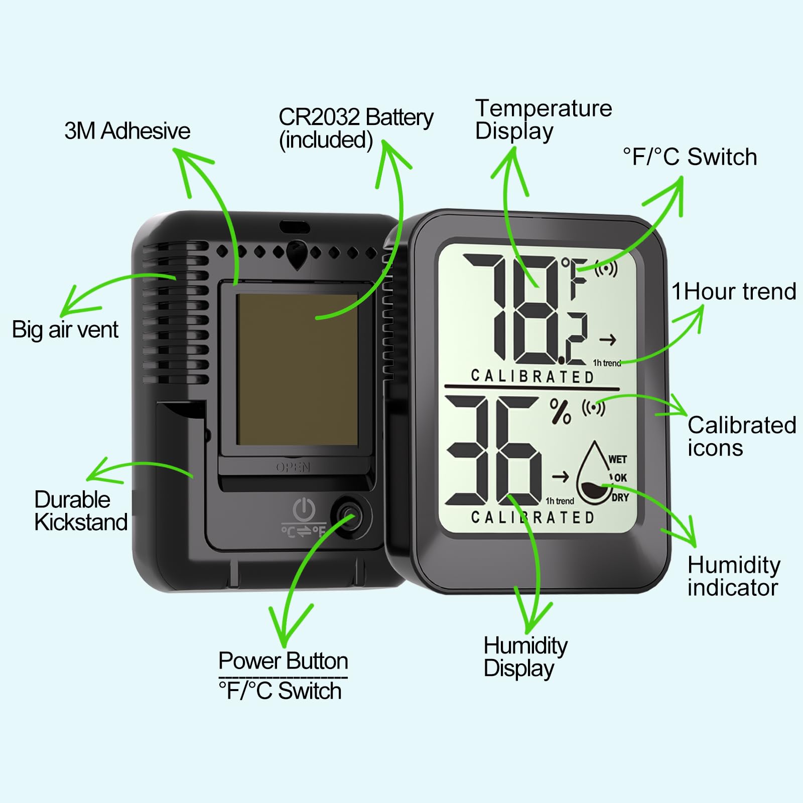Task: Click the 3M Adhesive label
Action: [127, 131]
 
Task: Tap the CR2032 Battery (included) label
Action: [355, 128]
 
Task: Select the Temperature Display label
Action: [543, 119]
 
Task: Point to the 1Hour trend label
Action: [734, 292]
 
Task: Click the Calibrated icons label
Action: [741, 436]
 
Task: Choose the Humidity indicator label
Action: [734, 576]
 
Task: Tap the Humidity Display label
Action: [525, 656]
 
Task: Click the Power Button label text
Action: [283, 661]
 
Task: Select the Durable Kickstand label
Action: [80, 510]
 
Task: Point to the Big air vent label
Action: [65, 330]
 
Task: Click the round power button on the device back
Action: [349, 516]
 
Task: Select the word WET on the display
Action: [617, 459]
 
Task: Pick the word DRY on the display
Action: [620, 497]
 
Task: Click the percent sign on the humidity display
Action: [561, 412]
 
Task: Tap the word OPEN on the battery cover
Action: [293, 467]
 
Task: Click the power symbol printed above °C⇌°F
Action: [304, 510]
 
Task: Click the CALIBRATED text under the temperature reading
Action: [532, 376]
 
